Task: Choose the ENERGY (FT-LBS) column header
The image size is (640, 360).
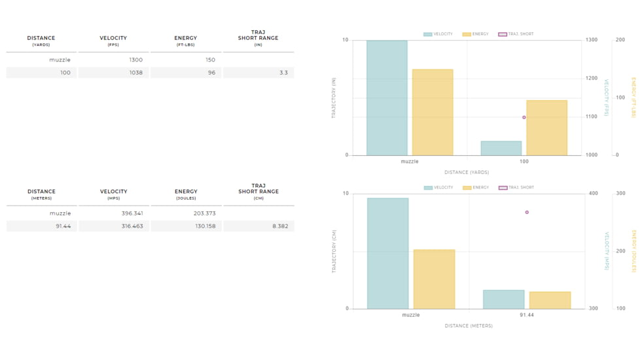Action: pos(186,41)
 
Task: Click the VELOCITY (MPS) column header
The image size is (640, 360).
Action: pos(113,194)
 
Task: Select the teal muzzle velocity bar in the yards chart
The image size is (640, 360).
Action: pos(387,98)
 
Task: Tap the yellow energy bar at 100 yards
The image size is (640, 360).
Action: pos(546,128)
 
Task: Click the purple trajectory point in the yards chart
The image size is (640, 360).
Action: pos(524,118)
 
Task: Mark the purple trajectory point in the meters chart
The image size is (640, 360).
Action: pos(527,213)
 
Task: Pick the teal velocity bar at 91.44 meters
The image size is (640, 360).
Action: pos(503,299)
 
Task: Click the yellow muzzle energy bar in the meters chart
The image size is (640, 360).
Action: pos(434,279)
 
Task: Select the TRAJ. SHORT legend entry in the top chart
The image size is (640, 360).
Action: pos(516,34)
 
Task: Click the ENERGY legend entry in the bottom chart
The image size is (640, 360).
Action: pos(476,188)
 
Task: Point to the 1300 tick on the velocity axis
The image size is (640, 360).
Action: pos(592,40)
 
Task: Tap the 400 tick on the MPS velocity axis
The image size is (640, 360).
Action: pos(593,194)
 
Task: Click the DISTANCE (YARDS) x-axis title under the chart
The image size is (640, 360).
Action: pos(467,173)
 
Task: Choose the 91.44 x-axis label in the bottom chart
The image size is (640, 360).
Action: pos(527,315)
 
